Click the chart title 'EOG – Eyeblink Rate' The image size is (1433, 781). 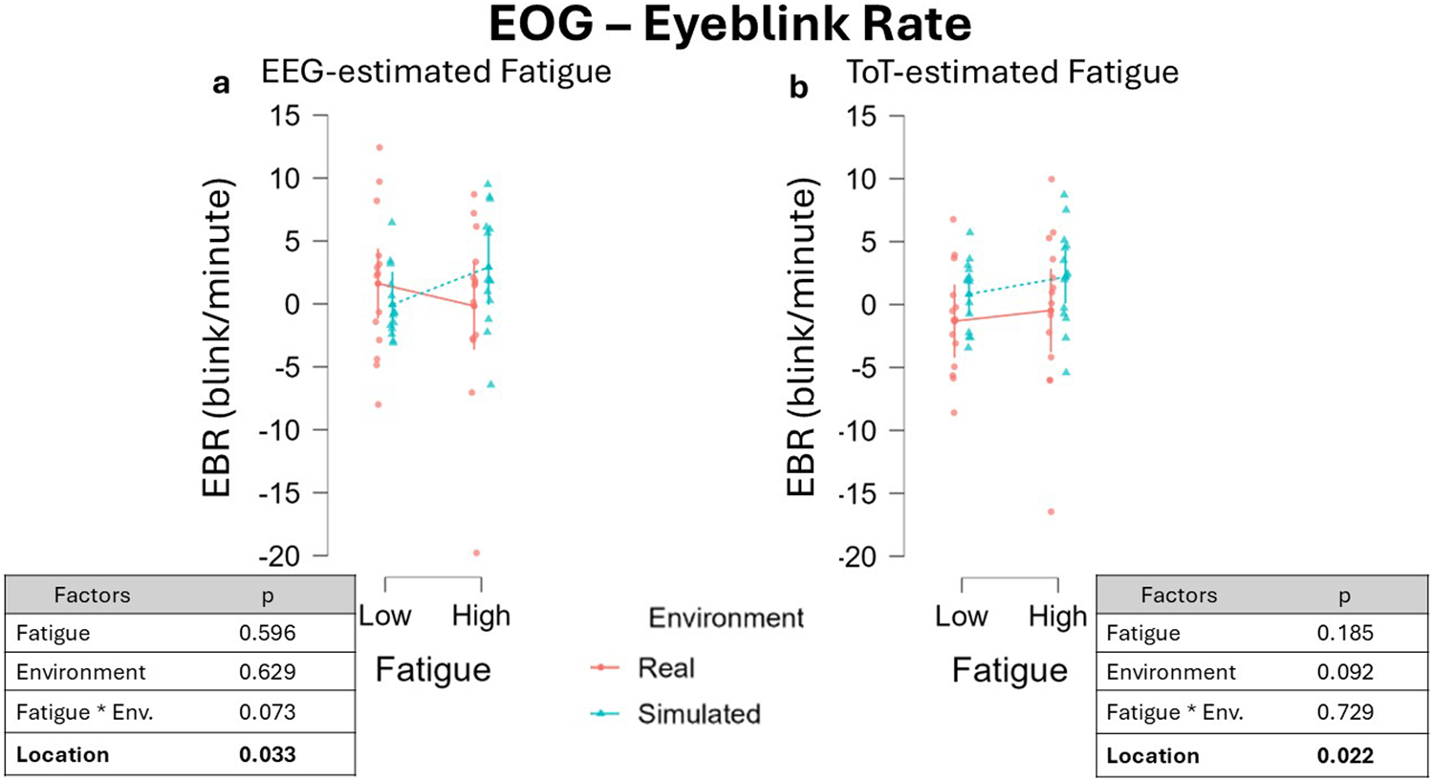click(729, 25)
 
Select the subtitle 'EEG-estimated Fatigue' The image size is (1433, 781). click(436, 73)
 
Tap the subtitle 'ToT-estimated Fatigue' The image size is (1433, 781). click(1012, 73)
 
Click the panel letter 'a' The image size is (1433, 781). click(221, 84)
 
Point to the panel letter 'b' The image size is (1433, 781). click(798, 87)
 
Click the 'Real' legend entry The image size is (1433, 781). click(665, 668)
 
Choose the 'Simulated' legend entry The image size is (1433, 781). click(698, 714)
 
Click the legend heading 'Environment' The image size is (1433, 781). click(726, 618)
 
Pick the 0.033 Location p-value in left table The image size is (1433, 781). click(268, 755)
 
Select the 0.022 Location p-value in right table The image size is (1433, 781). click(1344, 756)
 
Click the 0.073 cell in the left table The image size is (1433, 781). click(268, 712)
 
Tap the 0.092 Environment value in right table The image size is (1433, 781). click(1344, 672)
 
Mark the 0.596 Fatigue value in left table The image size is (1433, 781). click(268, 633)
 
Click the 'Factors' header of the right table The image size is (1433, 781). click(1179, 596)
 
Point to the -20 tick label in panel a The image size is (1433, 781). click(279, 556)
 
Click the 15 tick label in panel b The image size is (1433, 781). click(860, 117)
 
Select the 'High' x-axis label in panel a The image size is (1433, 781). click(481, 617)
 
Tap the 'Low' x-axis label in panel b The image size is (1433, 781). click(961, 617)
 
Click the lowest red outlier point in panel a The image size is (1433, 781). click(476, 553)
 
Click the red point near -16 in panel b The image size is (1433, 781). click(1052, 511)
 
